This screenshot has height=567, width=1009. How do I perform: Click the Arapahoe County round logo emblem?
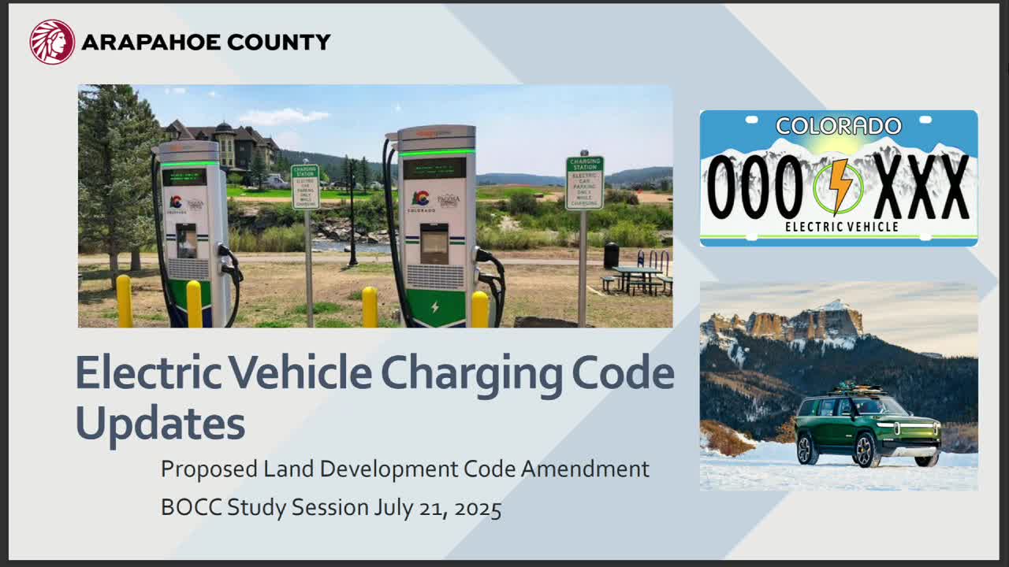[52, 42]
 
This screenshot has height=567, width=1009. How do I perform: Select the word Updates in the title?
[160, 423]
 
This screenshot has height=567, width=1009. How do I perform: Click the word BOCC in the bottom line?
[192, 508]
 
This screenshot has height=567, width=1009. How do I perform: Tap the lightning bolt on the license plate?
[839, 187]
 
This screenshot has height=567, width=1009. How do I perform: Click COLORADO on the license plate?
[839, 126]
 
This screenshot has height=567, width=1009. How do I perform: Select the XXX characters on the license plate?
[922, 187]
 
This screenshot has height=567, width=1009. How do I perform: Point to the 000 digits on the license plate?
[754, 187]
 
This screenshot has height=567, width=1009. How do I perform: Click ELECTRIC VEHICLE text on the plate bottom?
[840, 227]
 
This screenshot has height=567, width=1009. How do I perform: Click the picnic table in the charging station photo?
[637, 278]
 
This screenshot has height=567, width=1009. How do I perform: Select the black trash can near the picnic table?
[611, 254]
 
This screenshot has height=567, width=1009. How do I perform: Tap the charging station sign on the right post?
[584, 183]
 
